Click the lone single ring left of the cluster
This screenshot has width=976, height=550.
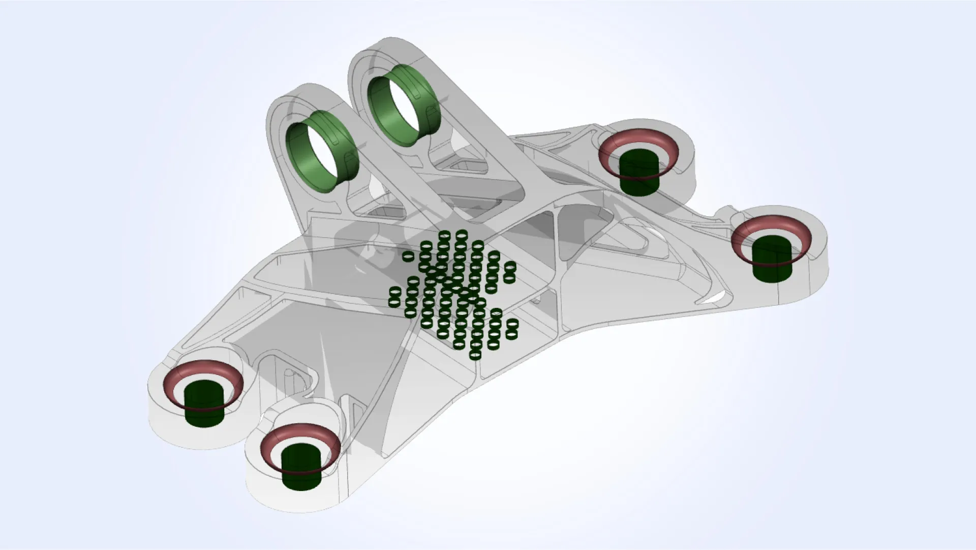click(x=408, y=256)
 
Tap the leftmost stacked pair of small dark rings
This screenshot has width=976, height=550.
click(x=395, y=297)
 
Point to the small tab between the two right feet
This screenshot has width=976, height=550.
click(x=728, y=210)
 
